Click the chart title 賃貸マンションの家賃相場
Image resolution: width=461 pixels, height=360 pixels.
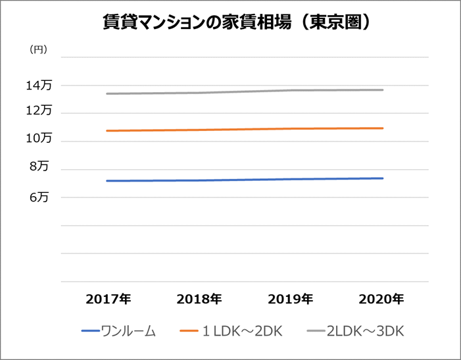tap(230, 22)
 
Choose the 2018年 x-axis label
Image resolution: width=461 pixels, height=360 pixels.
tap(199, 299)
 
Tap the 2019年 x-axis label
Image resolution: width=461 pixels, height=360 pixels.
tap(290, 299)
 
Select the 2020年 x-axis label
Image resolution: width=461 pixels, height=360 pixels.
tap(381, 299)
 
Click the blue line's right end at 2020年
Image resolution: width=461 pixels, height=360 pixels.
tap(383, 178)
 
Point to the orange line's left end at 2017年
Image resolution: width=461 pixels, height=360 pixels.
tap(107, 131)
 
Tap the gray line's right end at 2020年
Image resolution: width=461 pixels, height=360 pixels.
tap(383, 90)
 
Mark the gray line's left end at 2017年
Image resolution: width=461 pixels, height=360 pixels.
tap(107, 93)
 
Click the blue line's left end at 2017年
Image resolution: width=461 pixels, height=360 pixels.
tap(107, 181)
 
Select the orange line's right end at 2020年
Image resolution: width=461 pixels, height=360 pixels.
tap(383, 128)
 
